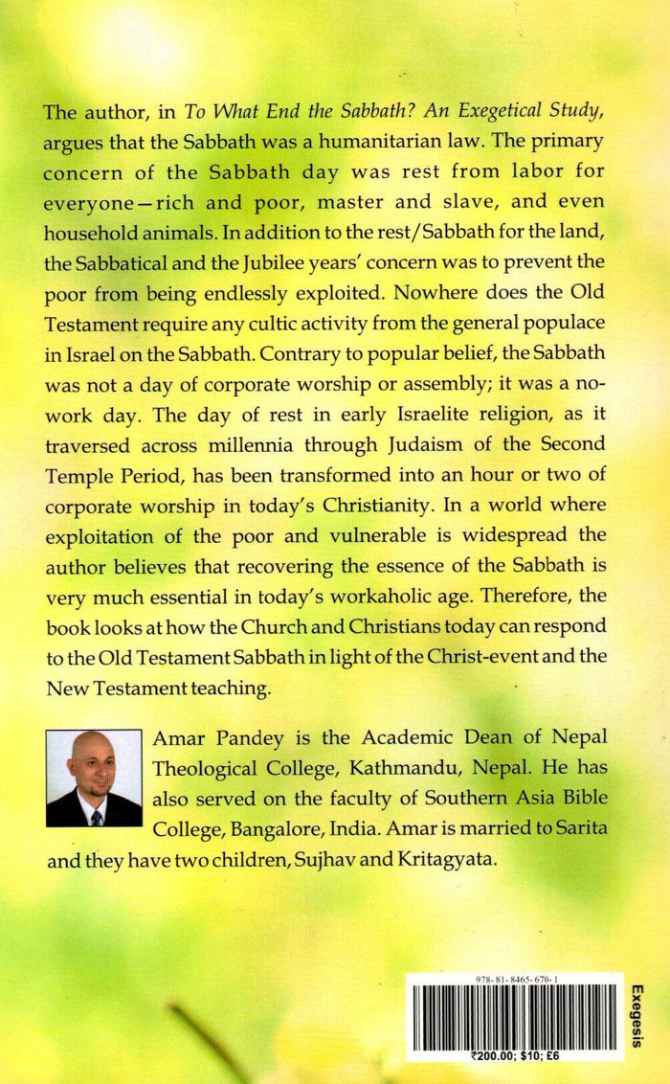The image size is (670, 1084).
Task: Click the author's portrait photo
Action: pos(94,778)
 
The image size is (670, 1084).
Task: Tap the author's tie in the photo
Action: pos(97,816)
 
